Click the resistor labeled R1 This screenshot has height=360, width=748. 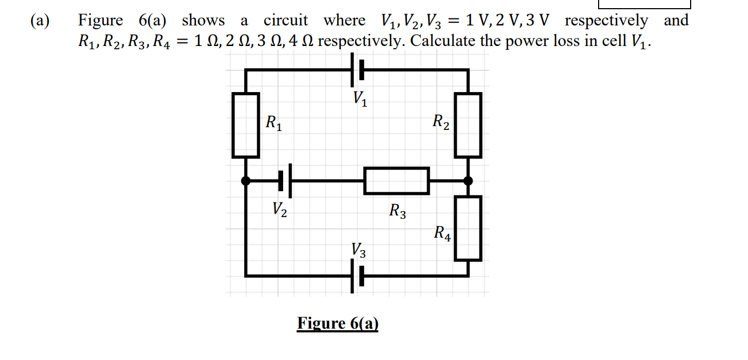[246, 125]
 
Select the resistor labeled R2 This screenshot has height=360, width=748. [468, 125]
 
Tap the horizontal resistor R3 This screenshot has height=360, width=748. [397, 181]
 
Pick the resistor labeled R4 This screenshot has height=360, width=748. [468, 228]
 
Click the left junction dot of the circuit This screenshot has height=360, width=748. [246, 181]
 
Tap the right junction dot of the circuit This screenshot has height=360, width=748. [468, 181]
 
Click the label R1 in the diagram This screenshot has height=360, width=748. [274, 123]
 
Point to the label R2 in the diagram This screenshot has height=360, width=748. [441, 123]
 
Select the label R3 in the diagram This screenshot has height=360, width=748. [398, 210]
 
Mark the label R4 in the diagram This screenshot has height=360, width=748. [442, 233]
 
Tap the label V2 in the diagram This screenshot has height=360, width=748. [280, 208]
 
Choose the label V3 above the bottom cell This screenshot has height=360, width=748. [358, 250]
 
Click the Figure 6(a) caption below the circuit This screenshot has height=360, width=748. [338, 323]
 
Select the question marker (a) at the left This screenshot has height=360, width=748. [40, 21]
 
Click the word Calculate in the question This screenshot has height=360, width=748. [441, 41]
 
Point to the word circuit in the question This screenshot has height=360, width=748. [285, 21]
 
